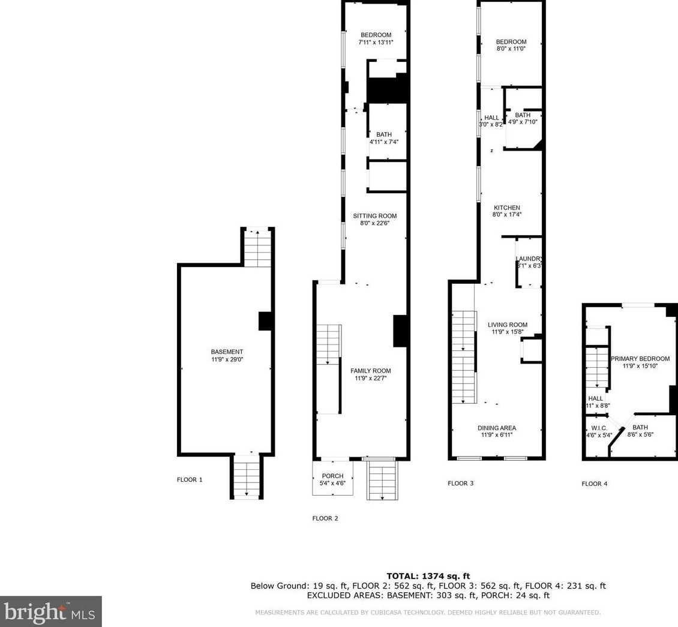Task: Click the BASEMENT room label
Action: (x=227, y=352)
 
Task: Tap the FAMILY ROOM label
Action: (x=370, y=371)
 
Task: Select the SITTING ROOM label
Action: (x=374, y=216)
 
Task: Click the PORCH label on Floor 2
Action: (x=332, y=476)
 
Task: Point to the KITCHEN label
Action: (x=507, y=208)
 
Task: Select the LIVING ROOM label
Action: (x=507, y=325)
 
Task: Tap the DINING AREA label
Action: (x=497, y=428)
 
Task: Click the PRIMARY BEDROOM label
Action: (x=640, y=358)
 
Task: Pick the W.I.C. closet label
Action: (x=598, y=428)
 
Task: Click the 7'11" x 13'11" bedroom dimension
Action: (x=376, y=43)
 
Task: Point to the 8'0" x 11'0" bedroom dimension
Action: (x=511, y=49)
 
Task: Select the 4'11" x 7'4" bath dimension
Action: (x=383, y=142)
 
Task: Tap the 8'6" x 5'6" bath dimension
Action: (x=640, y=435)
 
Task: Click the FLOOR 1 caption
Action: (x=190, y=480)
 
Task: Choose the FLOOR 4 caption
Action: (x=594, y=484)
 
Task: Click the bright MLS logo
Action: (x=50, y=611)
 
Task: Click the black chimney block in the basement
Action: (x=266, y=321)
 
